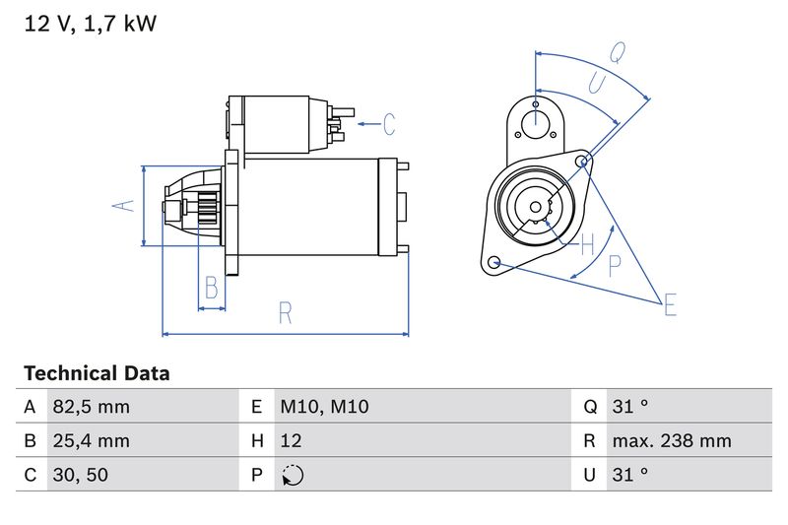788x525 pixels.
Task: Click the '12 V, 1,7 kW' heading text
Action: point(90,24)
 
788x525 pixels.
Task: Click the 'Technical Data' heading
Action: point(97,373)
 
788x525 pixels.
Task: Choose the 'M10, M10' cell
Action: point(324,407)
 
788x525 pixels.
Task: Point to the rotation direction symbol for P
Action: point(293,475)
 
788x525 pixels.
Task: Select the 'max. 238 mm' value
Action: point(671,441)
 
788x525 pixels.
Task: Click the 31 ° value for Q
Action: point(629,407)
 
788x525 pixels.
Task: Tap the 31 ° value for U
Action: point(629,475)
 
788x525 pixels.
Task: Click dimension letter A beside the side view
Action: point(121,206)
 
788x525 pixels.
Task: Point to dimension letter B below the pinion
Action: point(211,288)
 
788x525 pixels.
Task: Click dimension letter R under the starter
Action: point(286,313)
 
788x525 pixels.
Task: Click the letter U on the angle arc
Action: point(596,84)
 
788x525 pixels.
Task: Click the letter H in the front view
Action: point(587,243)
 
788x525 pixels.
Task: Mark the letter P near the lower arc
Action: point(615,263)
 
